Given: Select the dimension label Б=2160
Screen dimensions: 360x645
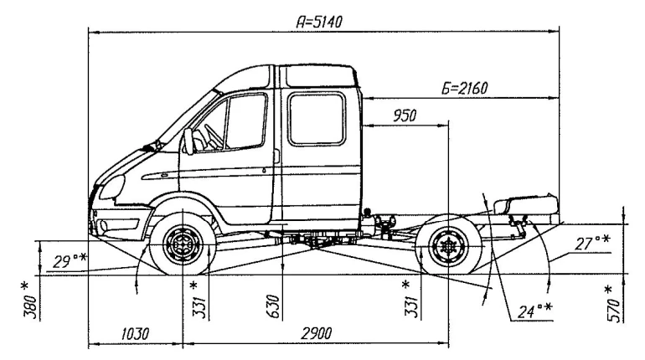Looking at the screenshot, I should [464, 87].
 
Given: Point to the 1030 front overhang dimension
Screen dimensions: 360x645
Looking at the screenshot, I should [133, 333].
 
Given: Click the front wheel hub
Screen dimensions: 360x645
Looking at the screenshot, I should [180, 246].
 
